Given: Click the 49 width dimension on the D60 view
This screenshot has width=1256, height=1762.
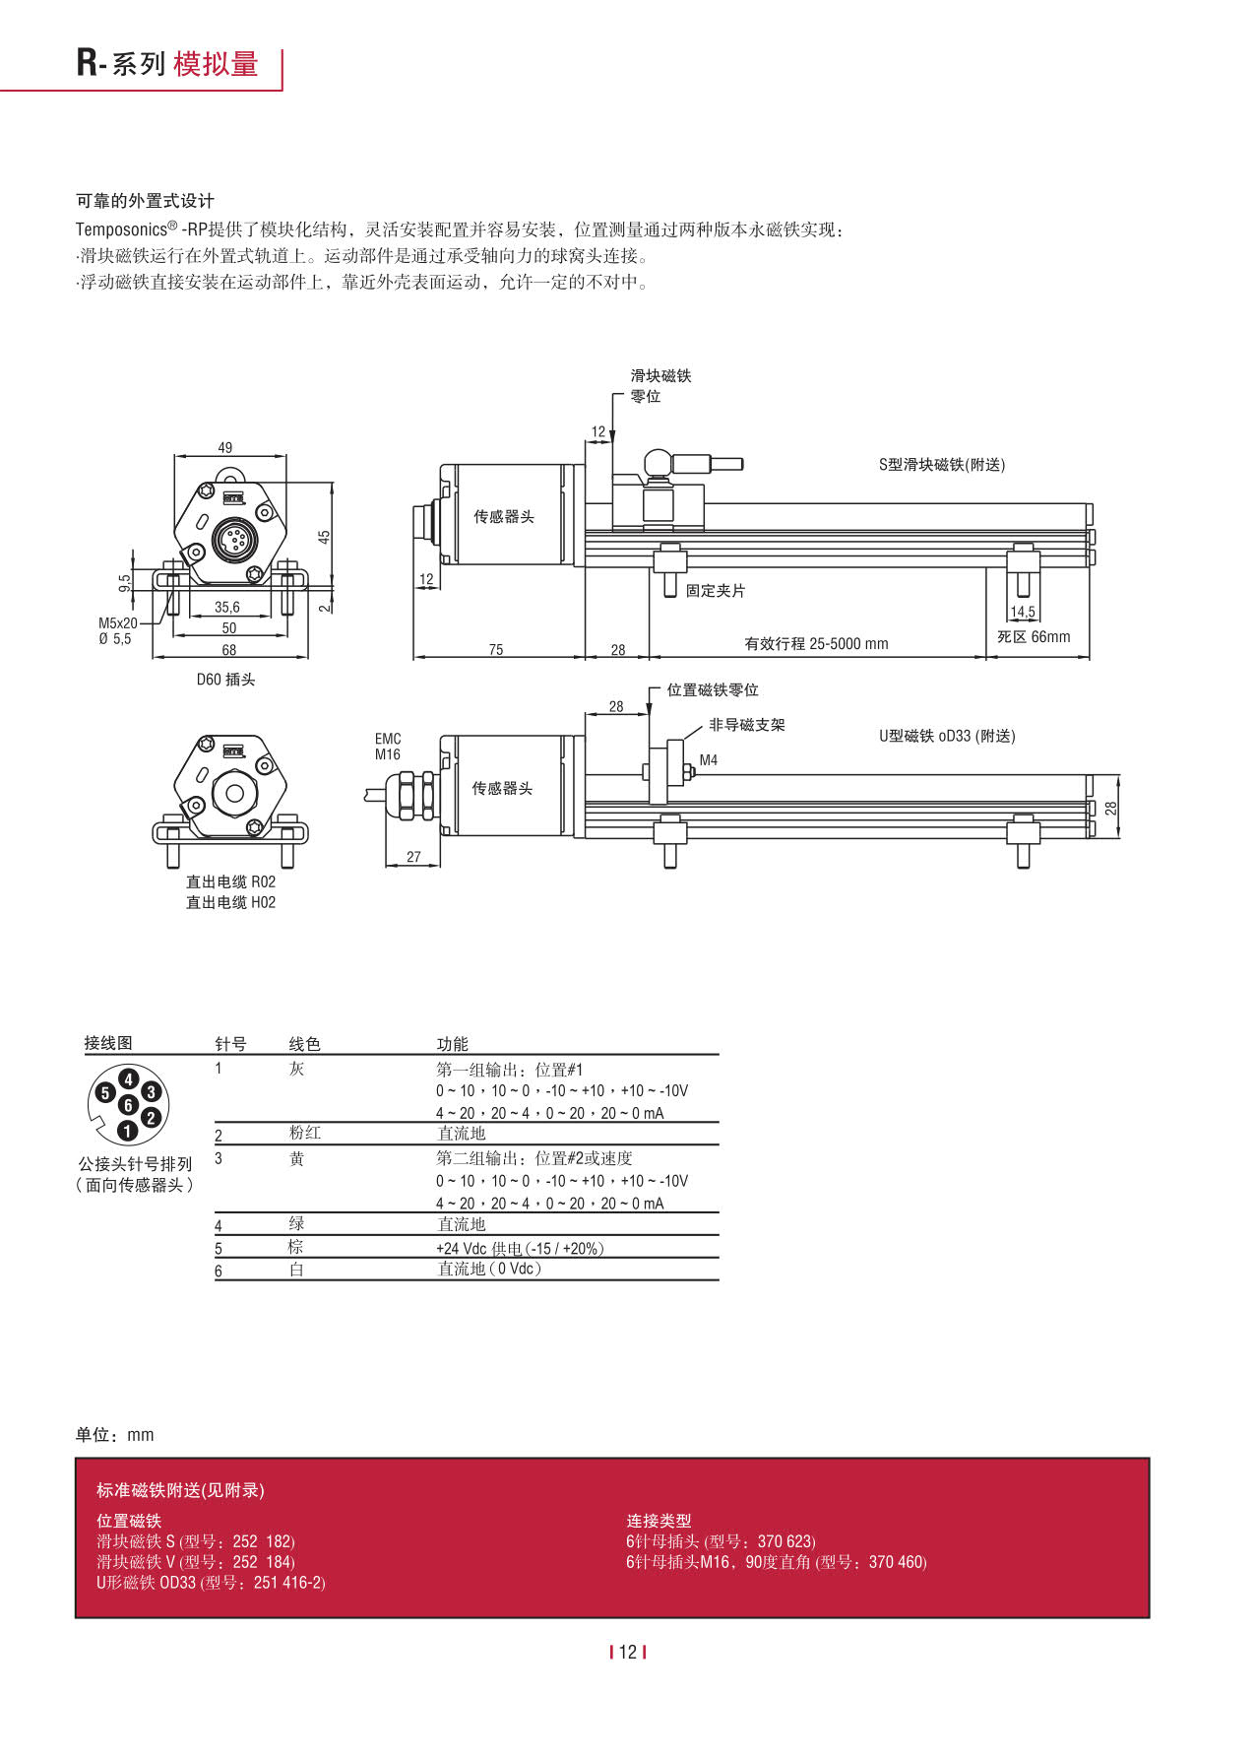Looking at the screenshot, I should pos(225,447).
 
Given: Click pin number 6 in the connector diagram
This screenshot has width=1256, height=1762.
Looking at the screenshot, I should pos(128,1105).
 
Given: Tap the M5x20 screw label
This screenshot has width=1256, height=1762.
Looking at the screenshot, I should pos(118,622).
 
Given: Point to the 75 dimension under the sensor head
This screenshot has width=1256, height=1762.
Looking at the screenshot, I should pos(496,649).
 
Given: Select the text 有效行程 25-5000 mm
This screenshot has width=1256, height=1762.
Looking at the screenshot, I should pos(816,643).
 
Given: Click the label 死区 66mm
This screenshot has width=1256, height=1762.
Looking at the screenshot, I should pos(1034,636).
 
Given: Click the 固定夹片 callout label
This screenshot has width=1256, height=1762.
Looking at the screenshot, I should pos(716,590).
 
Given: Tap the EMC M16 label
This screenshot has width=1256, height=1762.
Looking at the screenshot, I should pos(388,747).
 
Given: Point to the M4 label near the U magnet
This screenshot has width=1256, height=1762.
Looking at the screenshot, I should pos(709,759).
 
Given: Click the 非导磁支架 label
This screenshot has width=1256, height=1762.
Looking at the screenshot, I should pos(747,725).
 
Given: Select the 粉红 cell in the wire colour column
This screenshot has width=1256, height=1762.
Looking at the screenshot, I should pos(305,1133).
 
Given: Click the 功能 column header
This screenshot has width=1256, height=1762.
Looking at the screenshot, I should pos(453,1044).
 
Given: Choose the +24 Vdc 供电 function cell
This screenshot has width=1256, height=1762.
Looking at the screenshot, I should pos(520,1248).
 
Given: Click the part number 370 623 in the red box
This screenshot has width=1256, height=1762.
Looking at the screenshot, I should pos(785,1541).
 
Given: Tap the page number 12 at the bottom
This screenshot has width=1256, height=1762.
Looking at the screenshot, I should pos(628,1652).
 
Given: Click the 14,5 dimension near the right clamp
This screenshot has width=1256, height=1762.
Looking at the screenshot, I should pos(1023,612).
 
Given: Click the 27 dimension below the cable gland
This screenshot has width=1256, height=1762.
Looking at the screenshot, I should pos(413,856).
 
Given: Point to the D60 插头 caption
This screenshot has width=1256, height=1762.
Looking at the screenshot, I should pos(225,680).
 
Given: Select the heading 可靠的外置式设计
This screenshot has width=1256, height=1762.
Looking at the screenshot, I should pos(146,201).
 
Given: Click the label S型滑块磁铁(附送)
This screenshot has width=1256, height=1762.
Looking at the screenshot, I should pos(942,465).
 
